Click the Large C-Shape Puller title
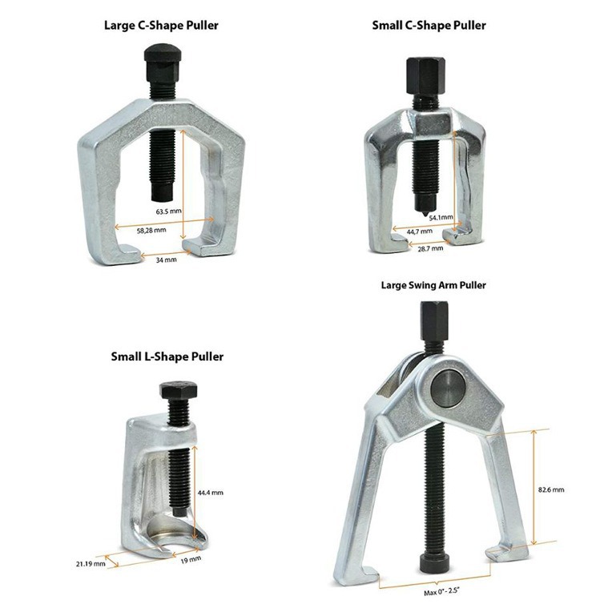coord(161,25)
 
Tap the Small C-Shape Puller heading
coord(429,25)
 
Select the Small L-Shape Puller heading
coord(167,356)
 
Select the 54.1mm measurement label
coord(441,217)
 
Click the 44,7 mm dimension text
coord(419,231)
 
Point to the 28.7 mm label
coord(430,249)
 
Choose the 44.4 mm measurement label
coord(211,492)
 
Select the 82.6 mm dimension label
coord(552,489)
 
